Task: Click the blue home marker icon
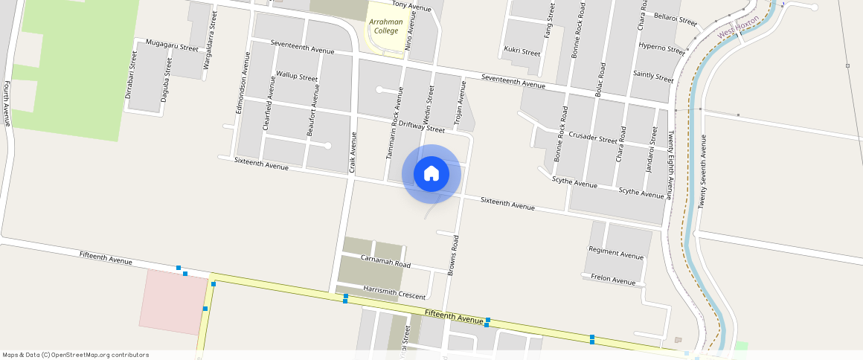(x=431, y=174)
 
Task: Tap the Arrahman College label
(x=386, y=26)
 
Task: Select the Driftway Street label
(x=421, y=127)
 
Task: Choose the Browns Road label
(x=452, y=256)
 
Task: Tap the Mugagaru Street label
(x=172, y=45)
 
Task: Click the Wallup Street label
(x=297, y=76)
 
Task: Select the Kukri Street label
(x=522, y=52)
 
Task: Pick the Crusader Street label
(x=592, y=138)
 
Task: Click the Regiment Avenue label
(x=616, y=254)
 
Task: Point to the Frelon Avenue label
(x=613, y=280)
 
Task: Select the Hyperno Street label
(x=661, y=49)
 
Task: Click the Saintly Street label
(x=652, y=76)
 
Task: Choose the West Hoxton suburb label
(x=738, y=27)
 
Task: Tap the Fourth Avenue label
(x=7, y=103)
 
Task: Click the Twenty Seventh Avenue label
(x=702, y=160)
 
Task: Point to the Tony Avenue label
(x=411, y=7)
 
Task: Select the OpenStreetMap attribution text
(x=76, y=355)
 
